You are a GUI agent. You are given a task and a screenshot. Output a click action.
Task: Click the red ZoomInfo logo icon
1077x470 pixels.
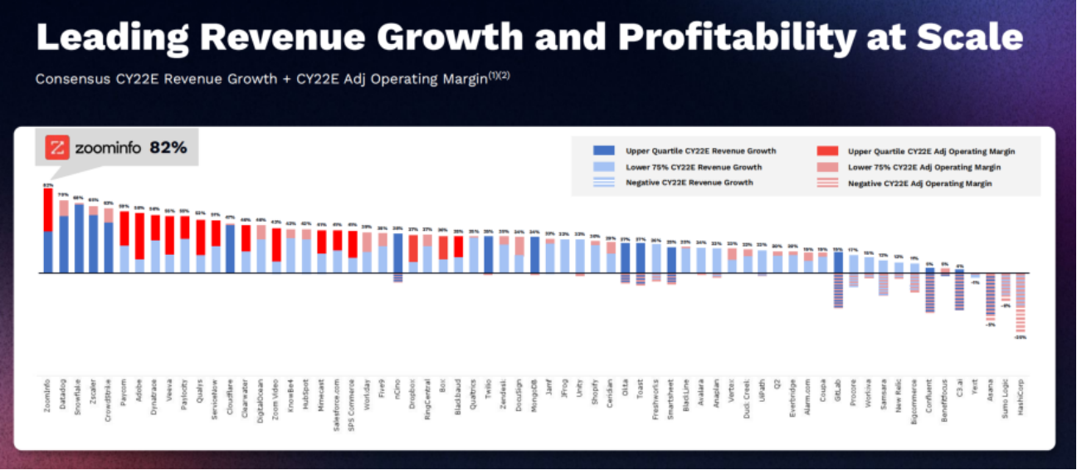click(x=56, y=148)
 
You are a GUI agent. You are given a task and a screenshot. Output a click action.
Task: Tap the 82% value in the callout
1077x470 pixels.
click(x=168, y=148)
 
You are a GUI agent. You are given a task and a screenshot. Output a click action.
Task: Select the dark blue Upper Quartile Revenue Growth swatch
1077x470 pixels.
click(x=603, y=151)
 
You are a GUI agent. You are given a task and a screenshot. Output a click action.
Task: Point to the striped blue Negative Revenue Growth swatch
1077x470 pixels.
click(x=603, y=182)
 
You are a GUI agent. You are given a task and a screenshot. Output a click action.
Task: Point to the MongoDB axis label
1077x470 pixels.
click(x=535, y=395)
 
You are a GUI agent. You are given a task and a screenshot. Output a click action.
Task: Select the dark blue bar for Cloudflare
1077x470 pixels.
click(x=230, y=249)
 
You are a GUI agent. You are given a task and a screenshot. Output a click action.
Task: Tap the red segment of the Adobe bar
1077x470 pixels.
click(x=139, y=236)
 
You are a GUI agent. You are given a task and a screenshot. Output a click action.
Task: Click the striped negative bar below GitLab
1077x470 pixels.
click(x=838, y=291)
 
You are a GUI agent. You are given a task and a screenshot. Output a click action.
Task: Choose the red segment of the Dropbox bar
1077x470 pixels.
click(x=412, y=248)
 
